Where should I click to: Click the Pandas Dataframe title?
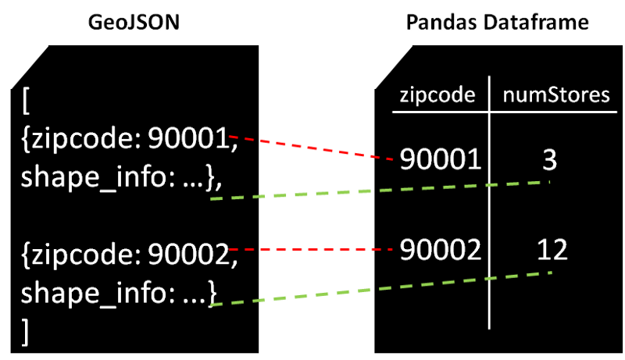(497, 23)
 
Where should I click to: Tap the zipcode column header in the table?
(437, 95)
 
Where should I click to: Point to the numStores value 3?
(548, 159)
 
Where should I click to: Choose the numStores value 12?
(552, 249)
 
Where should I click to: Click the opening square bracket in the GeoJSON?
(27, 102)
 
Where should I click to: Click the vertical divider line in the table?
(489, 203)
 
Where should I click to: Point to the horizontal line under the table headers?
(500, 112)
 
